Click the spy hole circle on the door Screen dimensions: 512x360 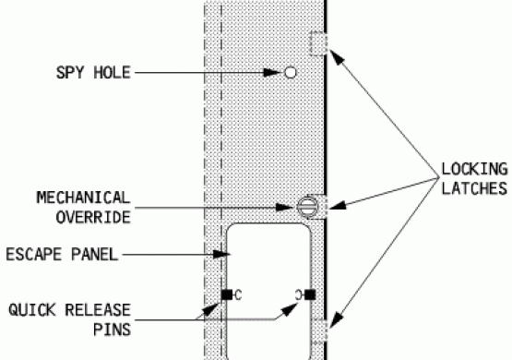291,73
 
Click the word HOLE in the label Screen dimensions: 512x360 113,73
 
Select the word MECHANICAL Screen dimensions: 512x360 84,198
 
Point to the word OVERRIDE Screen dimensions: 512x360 93,218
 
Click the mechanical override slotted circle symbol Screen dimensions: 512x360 307,207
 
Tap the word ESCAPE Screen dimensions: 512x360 34,255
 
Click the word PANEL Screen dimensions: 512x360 95,255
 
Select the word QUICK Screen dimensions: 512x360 32,310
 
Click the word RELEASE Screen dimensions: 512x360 98,310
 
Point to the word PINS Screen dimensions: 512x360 112,330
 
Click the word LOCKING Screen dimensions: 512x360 474,169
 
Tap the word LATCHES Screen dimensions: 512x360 474,188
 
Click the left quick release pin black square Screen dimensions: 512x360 227,294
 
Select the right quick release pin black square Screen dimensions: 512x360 310,294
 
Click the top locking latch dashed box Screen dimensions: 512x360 318,43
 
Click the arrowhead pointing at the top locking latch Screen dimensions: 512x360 338,57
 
